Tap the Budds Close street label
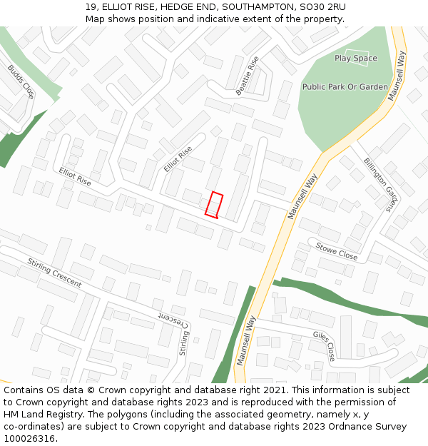(x=21, y=81)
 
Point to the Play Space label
(x=356, y=58)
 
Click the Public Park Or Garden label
(x=345, y=87)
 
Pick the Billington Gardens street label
(x=379, y=185)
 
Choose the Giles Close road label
(x=324, y=345)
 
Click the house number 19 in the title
(x=91, y=7)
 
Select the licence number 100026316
(x=31, y=439)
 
